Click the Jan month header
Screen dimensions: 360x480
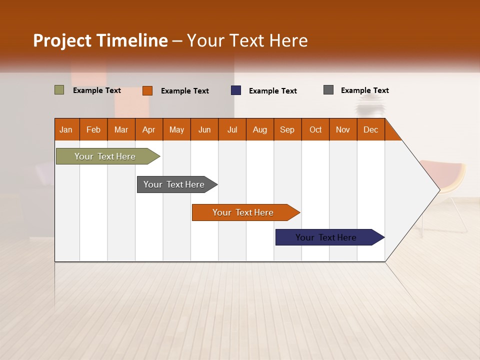coord(66,129)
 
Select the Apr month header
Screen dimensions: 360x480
coord(149,129)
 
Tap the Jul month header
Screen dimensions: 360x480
coord(232,129)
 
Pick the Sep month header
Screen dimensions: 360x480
coord(287,129)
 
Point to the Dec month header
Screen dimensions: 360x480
coord(370,129)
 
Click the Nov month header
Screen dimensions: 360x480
coord(343,129)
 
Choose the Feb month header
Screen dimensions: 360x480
coord(93,129)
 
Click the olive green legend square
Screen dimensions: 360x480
coord(59,90)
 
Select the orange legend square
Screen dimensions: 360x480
coord(147,90)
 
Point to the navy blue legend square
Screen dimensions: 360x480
coord(236,90)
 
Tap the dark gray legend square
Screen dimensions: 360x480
coord(328,90)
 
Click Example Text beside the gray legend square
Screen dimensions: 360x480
coord(364,90)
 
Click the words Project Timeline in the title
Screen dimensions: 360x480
coord(100,40)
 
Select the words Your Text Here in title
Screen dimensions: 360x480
coord(247,40)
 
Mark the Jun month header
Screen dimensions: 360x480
coord(204,129)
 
